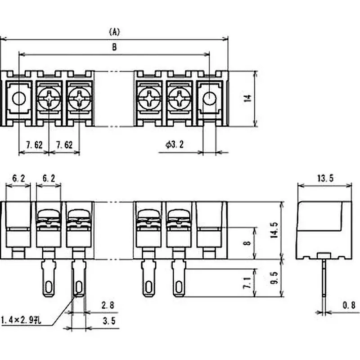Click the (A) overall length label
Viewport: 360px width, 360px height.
115,31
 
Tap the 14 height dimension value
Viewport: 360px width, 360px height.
247,99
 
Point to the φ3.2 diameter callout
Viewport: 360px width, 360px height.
175,145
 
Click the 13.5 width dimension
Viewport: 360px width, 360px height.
325,178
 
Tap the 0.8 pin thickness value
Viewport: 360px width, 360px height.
348,305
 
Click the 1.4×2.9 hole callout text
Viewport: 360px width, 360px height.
22,320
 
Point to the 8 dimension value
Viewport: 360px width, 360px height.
246,243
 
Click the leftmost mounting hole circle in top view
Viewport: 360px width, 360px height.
18,98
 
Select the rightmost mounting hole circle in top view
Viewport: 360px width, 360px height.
210,98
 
